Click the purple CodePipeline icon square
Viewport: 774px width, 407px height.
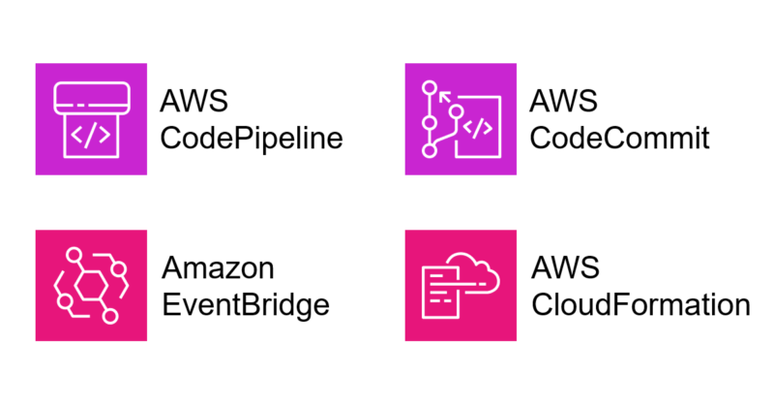(91, 118)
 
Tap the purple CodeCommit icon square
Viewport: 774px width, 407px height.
(461, 118)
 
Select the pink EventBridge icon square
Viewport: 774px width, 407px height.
(91, 285)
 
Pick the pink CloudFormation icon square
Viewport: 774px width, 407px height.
(461, 285)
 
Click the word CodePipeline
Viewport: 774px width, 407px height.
(252, 139)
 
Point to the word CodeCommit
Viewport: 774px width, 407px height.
(620, 139)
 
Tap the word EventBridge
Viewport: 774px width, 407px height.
(246, 305)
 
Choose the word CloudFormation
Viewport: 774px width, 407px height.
(640, 305)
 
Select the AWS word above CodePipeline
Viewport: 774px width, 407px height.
(195, 102)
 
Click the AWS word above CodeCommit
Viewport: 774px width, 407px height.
(564, 102)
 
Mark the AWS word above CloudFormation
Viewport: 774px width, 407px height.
(564, 268)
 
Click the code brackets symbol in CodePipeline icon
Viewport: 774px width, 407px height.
(91, 136)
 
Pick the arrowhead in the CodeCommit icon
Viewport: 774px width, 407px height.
(447, 95)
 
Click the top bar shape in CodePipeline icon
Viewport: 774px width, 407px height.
(91, 97)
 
